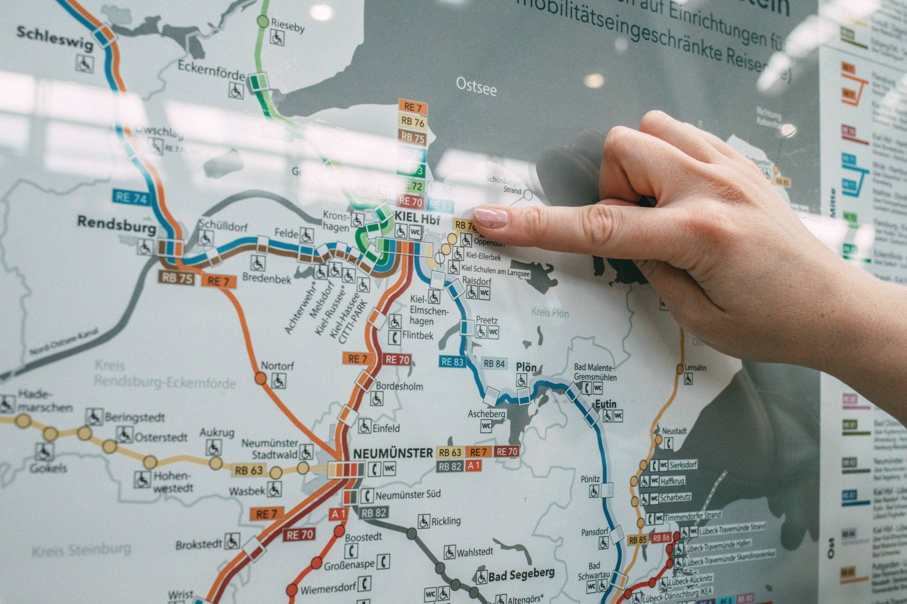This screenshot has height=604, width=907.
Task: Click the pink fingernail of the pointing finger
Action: [x=491, y=217]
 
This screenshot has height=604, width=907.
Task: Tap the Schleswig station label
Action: [x=55, y=38]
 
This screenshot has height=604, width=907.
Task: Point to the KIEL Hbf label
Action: [x=417, y=218]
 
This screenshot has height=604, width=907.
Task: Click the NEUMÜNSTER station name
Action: [x=392, y=453]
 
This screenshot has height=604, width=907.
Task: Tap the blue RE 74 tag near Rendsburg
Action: [x=130, y=197]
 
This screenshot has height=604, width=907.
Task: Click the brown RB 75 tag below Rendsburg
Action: [x=177, y=278]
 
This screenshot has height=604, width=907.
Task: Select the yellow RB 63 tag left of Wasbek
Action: [x=249, y=470]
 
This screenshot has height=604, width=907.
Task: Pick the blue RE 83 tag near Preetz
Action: [x=452, y=362]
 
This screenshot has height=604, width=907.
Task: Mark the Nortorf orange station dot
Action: [x=260, y=378]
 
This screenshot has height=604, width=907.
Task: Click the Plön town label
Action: [x=526, y=367]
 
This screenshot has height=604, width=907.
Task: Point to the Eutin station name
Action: [x=605, y=404]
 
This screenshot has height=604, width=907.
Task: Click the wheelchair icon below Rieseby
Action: [x=277, y=38]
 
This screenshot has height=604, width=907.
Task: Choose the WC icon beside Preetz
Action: [x=493, y=332]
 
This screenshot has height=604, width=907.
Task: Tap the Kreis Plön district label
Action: [x=550, y=313]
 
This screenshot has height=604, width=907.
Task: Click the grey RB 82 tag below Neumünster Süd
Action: [x=374, y=513]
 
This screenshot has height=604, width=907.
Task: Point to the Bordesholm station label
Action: [x=399, y=386]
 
